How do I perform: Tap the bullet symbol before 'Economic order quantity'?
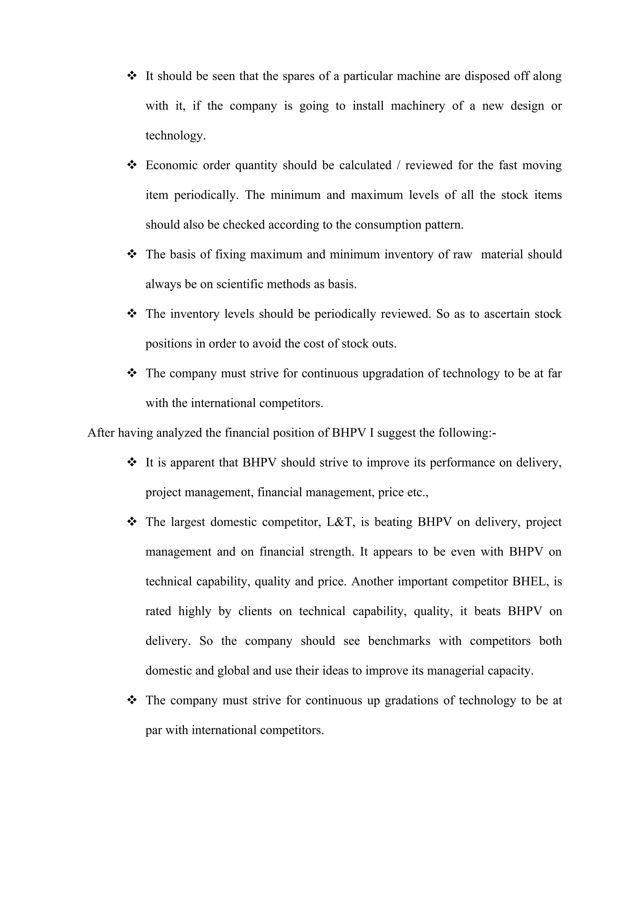[x=131, y=165]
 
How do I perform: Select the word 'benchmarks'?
[x=399, y=641]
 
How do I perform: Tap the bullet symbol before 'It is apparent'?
[x=131, y=462]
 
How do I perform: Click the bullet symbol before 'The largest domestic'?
[x=131, y=522]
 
